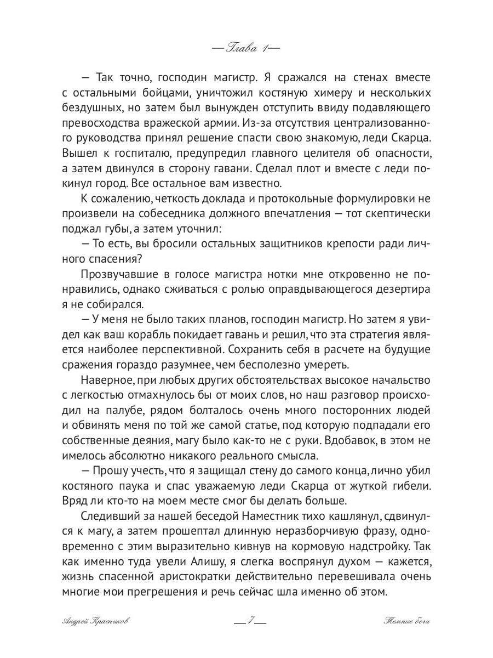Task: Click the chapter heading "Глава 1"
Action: pos(246,47)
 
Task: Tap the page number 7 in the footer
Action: pos(249,621)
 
